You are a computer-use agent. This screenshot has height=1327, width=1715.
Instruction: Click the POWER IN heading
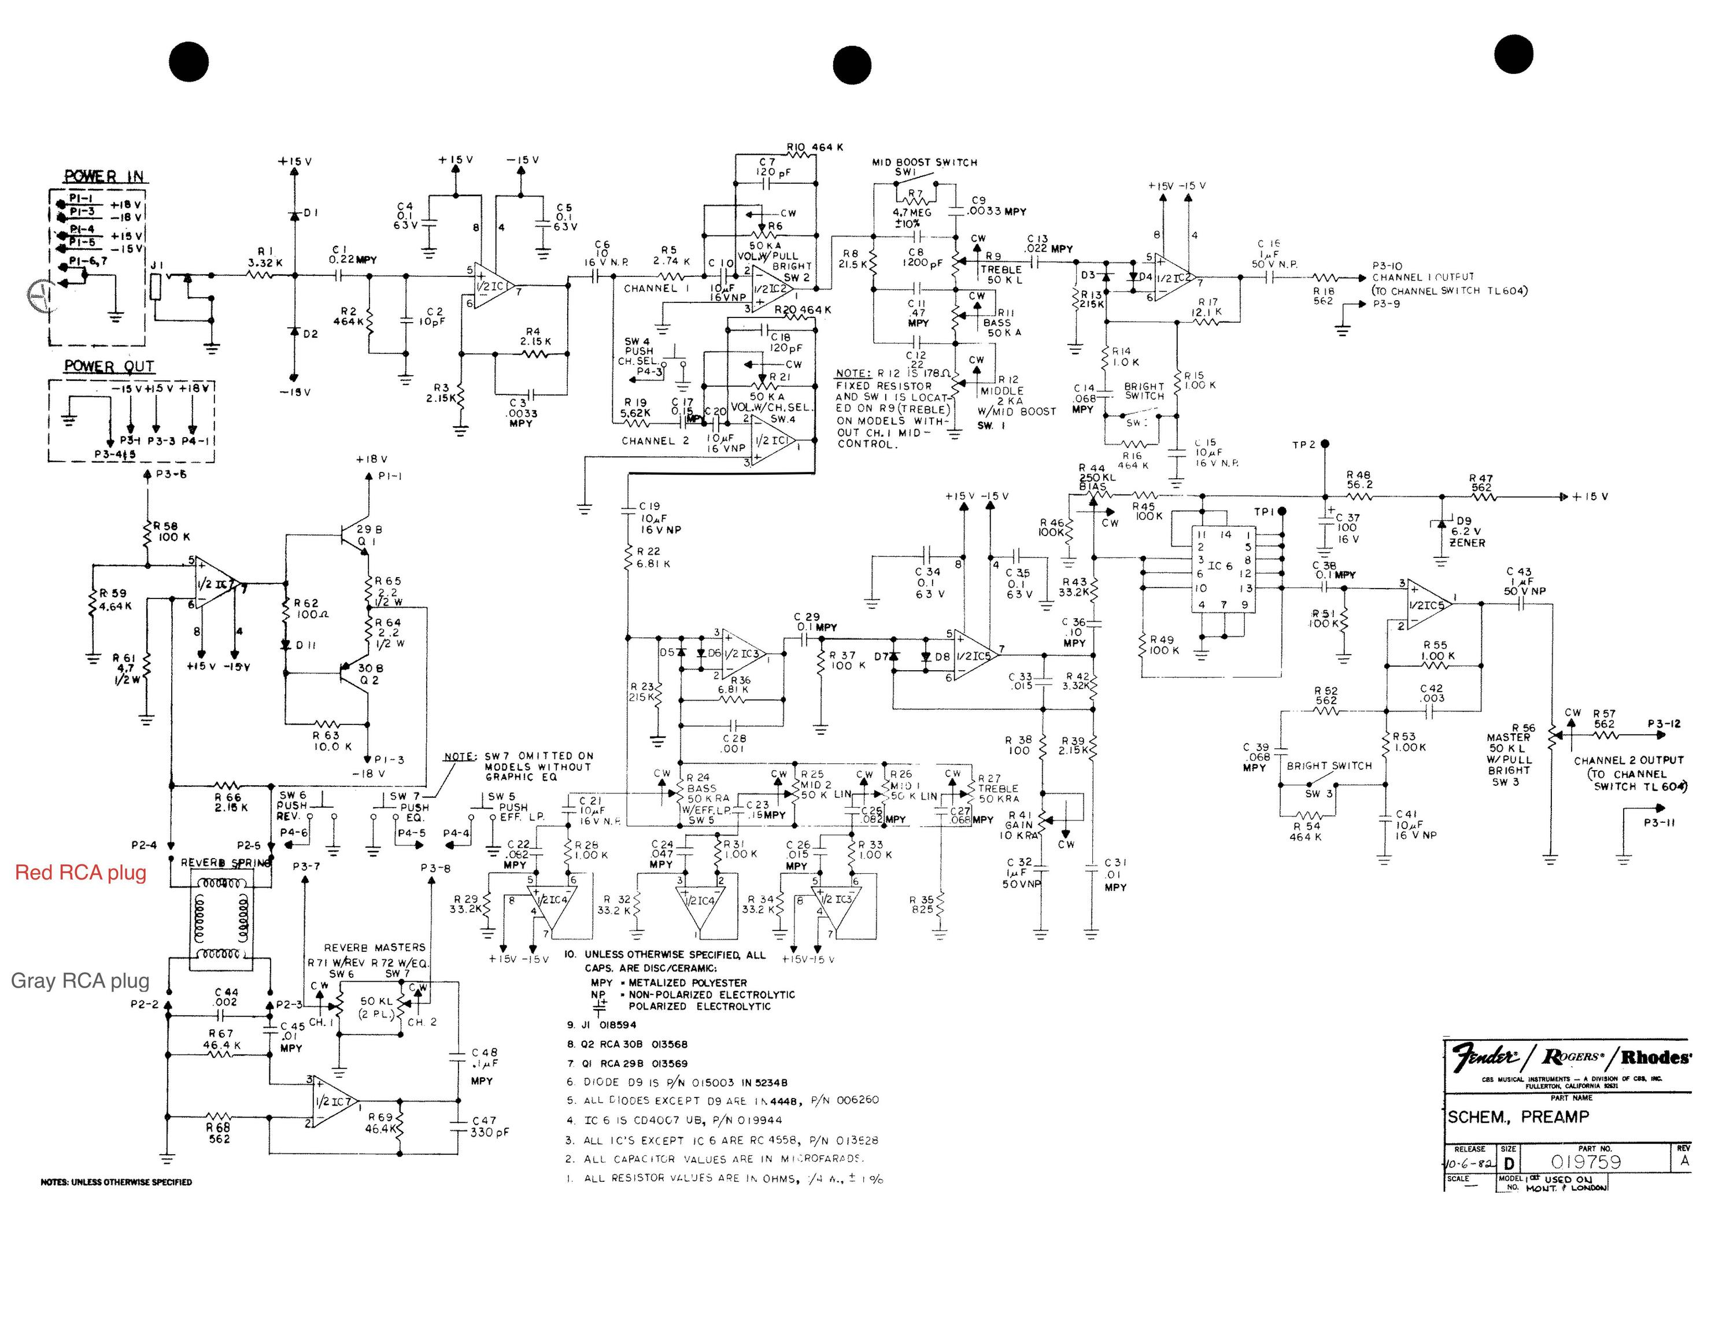click(x=104, y=177)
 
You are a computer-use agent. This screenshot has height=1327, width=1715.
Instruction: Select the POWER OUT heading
click(x=109, y=366)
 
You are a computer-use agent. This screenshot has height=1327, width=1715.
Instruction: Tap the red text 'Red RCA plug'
click(x=81, y=873)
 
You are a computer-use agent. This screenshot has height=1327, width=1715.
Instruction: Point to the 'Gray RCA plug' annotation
click(x=79, y=980)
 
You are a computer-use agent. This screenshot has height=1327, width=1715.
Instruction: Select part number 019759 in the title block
click(x=1585, y=1161)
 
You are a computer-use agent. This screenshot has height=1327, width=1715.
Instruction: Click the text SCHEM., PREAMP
click(x=1518, y=1117)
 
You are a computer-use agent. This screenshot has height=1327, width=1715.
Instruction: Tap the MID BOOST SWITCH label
click(x=924, y=162)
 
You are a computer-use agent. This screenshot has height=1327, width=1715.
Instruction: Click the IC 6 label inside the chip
click(x=1220, y=565)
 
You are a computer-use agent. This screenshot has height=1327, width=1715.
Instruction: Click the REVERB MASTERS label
click(x=375, y=947)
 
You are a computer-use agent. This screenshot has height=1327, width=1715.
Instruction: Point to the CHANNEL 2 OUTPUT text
click(x=1629, y=760)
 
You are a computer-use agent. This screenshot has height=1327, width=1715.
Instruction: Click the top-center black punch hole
click(x=852, y=65)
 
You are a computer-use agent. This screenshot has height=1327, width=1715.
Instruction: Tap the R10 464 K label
click(x=814, y=147)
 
